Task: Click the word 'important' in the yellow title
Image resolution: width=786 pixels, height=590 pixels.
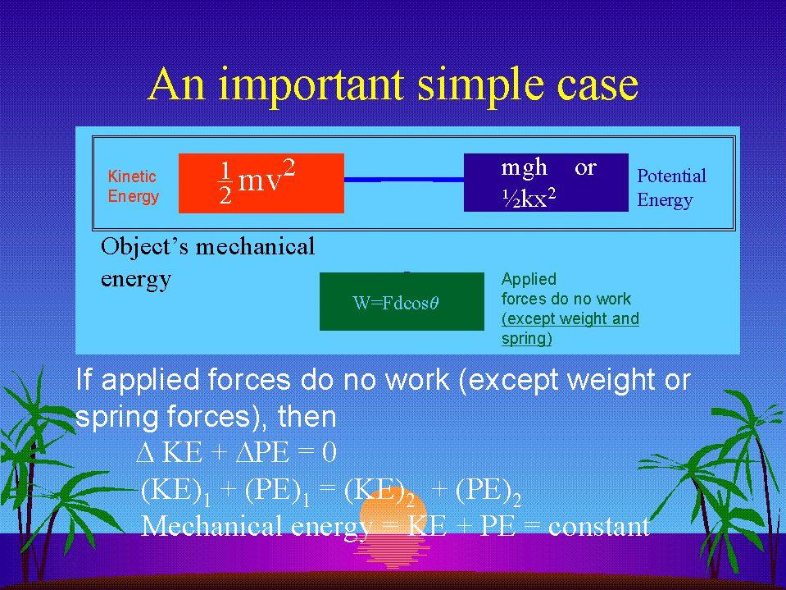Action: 311,86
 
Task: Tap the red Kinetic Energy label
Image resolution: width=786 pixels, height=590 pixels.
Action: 134,186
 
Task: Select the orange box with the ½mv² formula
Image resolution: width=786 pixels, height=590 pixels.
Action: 261,183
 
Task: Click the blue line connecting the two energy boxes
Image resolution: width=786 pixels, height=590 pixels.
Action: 404,179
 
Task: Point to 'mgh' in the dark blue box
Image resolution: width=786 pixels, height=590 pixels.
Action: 524,168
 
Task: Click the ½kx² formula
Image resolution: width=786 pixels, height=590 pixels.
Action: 529,198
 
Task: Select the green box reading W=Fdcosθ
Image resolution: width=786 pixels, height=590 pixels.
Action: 402,301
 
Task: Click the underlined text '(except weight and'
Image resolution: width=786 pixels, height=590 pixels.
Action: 570,318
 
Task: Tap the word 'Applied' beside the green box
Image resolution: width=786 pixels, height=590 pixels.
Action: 529,280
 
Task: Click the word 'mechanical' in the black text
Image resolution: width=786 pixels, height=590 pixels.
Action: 255,246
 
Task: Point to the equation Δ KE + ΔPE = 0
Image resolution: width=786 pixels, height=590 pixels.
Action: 237,452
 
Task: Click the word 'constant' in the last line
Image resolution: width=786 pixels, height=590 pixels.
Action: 599,526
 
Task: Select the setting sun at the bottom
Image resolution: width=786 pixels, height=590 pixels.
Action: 393,527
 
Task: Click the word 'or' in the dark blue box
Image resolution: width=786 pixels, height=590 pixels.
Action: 585,168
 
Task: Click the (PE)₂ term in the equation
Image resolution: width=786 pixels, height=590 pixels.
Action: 488,492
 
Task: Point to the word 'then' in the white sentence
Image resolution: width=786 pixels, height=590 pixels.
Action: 307,417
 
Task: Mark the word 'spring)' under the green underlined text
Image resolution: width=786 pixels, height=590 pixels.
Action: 527,339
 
